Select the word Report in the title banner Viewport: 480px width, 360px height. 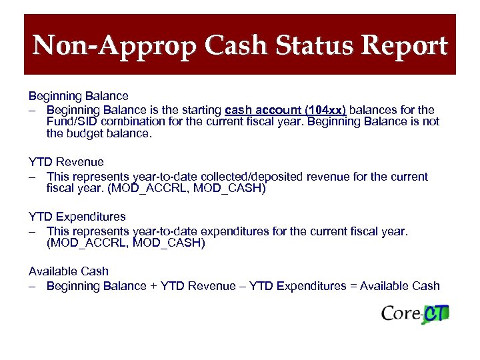click(x=408, y=46)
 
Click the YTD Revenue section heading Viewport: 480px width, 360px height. click(x=66, y=162)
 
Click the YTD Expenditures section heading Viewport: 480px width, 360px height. click(x=77, y=217)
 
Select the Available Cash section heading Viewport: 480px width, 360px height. click(x=69, y=271)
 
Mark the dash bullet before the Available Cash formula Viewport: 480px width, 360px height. click(x=32, y=286)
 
